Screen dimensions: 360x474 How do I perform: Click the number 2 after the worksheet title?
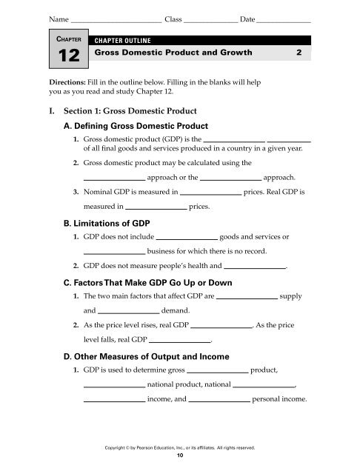coord(298,54)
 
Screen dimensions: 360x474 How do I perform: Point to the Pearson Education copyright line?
coord(181,447)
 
